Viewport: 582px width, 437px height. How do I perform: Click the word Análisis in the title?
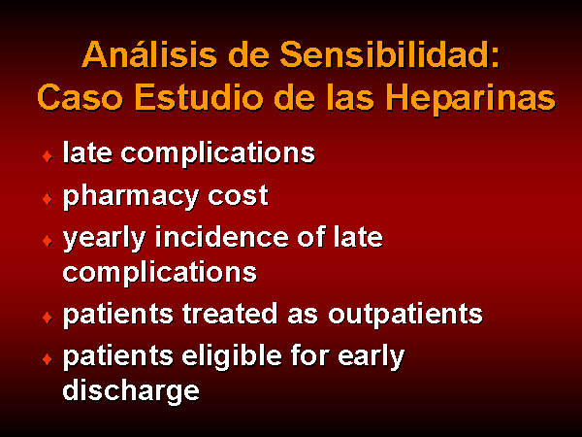click(x=149, y=55)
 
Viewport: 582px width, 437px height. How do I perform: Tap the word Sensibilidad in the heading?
click(x=389, y=55)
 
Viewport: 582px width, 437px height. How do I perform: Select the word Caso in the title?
click(x=81, y=98)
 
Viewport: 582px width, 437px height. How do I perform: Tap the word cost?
click(x=238, y=196)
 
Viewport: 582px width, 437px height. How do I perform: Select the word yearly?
click(x=105, y=239)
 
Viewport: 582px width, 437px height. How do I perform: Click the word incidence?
click(x=221, y=237)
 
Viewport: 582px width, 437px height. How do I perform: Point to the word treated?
click(x=229, y=313)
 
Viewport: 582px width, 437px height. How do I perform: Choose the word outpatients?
click(x=405, y=315)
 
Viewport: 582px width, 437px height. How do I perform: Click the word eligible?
click(x=232, y=355)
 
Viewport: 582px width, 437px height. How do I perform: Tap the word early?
click(x=371, y=357)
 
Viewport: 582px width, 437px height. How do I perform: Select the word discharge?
click(x=131, y=391)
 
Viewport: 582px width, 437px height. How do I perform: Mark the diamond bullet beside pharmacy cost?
click(x=48, y=199)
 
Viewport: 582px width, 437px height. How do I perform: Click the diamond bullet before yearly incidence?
click(x=48, y=241)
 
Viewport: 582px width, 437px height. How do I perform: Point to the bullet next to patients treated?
click(x=48, y=318)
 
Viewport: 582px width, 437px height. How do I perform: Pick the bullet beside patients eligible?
click(x=48, y=359)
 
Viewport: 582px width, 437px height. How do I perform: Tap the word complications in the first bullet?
click(x=218, y=153)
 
